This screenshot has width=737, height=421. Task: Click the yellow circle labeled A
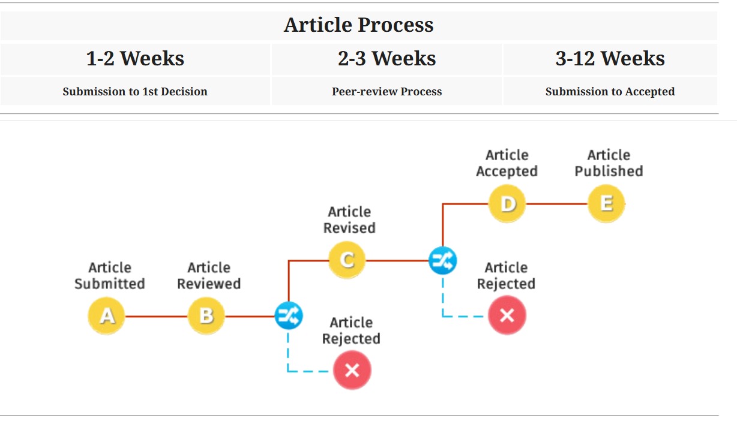click(x=106, y=316)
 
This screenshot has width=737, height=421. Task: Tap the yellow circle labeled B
click(x=206, y=316)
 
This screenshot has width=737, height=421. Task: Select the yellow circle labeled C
click(x=347, y=260)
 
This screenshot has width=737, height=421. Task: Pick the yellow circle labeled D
click(x=507, y=204)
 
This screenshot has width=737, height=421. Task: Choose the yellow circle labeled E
click(x=606, y=204)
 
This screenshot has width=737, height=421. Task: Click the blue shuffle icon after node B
click(x=289, y=316)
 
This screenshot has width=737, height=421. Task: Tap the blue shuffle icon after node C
click(x=443, y=260)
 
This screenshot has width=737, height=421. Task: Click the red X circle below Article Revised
click(x=352, y=371)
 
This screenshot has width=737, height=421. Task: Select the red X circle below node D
click(x=507, y=315)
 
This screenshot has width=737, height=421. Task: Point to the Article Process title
click(x=359, y=25)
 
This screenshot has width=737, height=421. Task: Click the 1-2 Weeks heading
click(x=135, y=59)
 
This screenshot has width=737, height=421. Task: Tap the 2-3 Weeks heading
click(x=387, y=59)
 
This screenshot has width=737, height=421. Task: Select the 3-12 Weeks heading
click(x=610, y=59)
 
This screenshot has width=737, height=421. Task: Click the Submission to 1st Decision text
click(x=135, y=91)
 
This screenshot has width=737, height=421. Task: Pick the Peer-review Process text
click(x=387, y=91)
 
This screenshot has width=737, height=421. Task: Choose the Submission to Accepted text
click(x=610, y=91)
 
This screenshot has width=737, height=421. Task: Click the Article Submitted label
click(x=110, y=276)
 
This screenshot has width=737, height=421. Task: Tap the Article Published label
click(x=609, y=163)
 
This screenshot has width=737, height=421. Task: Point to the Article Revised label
click(x=349, y=220)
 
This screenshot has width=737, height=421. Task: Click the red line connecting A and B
click(x=156, y=317)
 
